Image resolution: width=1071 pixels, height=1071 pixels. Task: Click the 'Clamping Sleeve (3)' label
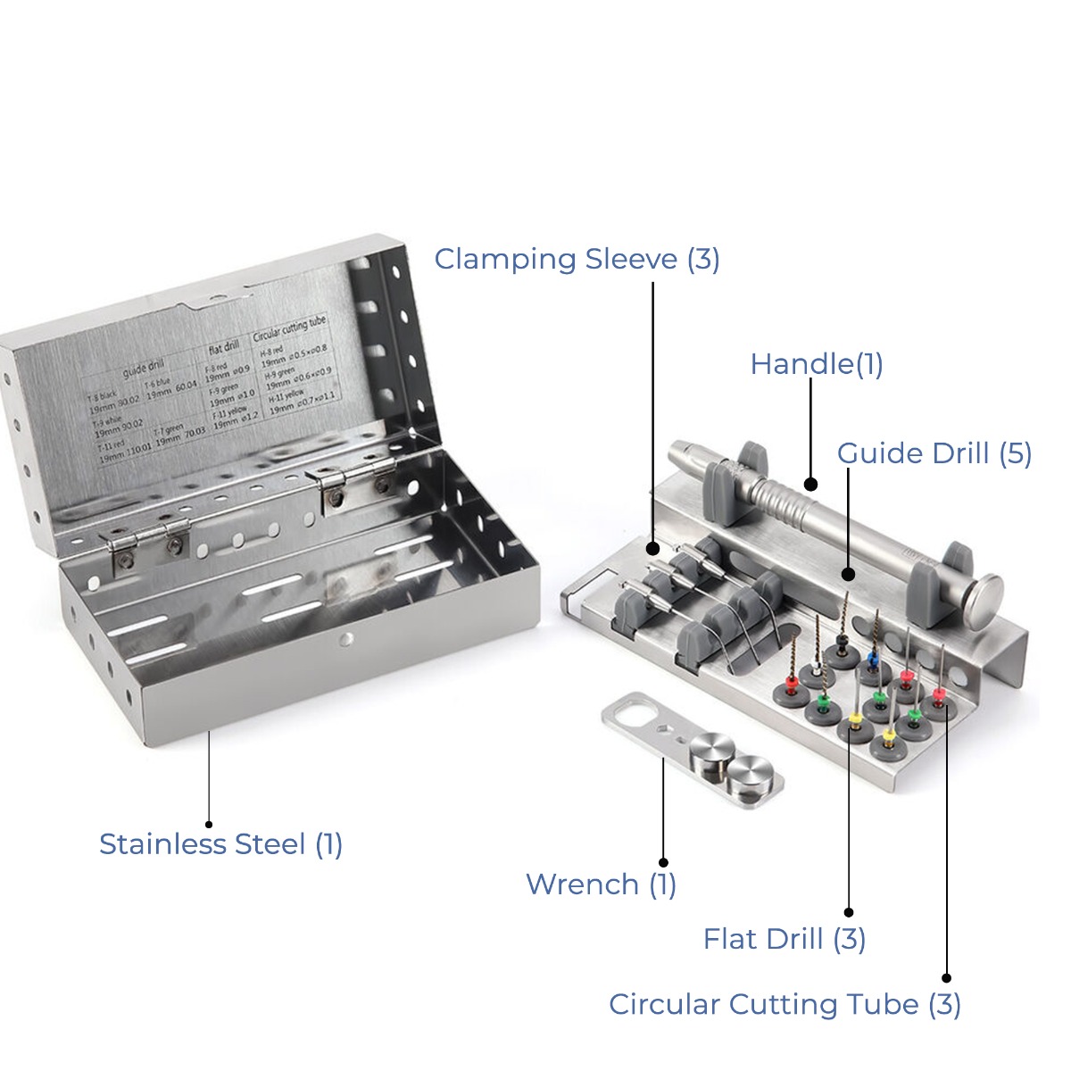click(x=577, y=259)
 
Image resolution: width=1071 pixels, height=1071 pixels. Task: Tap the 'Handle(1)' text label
click(x=816, y=364)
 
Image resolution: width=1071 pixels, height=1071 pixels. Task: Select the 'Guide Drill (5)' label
click(x=934, y=453)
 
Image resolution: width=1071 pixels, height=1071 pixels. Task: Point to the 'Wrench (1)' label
click(x=601, y=884)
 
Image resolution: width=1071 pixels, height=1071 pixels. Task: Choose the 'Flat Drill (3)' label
click(x=784, y=939)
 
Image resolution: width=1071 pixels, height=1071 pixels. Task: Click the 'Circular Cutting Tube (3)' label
click(x=785, y=1004)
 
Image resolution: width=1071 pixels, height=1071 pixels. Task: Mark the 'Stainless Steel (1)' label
click(x=220, y=843)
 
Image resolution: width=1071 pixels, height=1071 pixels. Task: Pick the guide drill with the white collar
click(x=816, y=668)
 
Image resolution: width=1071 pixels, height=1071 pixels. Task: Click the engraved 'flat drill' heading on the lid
click(x=223, y=346)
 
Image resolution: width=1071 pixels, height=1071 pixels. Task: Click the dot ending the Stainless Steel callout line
click(x=209, y=825)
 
